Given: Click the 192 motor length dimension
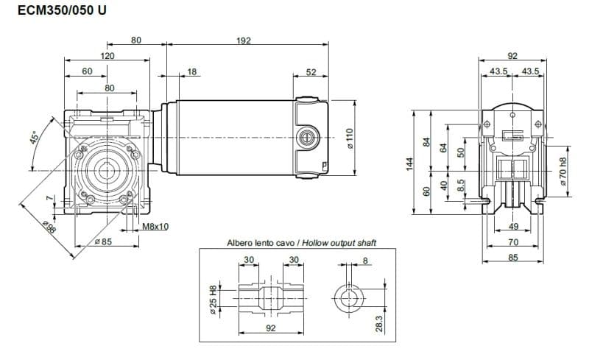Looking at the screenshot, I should pyautogui.click(x=244, y=40).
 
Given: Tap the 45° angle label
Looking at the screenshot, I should pyautogui.click(x=34, y=138).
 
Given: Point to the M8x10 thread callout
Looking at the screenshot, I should pyautogui.click(x=155, y=227).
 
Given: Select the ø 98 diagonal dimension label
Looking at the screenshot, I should pyautogui.click(x=49, y=228).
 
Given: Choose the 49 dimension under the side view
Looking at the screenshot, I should pyautogui.click(x=513, y=227).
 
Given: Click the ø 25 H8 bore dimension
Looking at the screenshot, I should pyautogui.click(x=213, y=302).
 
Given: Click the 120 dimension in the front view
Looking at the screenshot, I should pyautogui.click(x=107, y=56).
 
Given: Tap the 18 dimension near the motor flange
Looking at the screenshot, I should pyautogui.click(x=192, y=71).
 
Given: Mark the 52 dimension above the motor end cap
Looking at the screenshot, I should pyautogui.click(x=311, y=71).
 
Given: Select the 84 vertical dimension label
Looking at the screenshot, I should pyautogui.click(x=426, y=141).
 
